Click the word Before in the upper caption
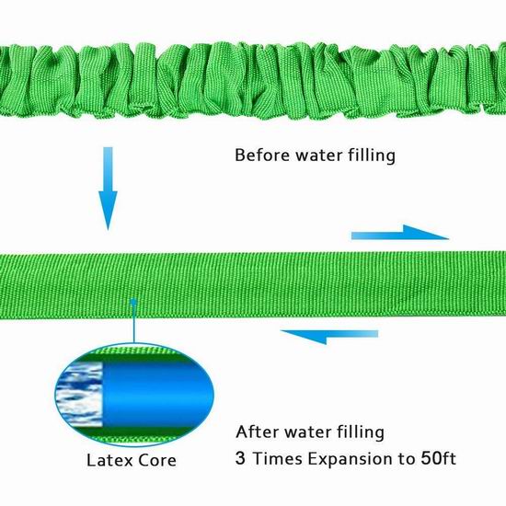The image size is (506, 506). (262, 155)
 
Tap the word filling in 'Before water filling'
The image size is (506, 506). (372, 155)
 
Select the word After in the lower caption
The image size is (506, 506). (258, 431)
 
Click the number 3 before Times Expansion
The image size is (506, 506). (240, 458)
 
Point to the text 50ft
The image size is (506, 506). (438, 457)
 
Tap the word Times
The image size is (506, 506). (277, 458)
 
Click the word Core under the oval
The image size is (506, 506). (156, 460)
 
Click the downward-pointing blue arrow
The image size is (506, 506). (109, 188)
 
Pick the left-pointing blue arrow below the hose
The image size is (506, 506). (329, 336)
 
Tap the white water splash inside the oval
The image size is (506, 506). (79, 395)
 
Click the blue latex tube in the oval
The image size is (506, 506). (157, 395)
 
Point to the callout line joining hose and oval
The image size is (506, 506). (133, 323)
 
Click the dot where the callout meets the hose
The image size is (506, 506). (133, 302)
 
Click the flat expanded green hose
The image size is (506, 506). (253, 285)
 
